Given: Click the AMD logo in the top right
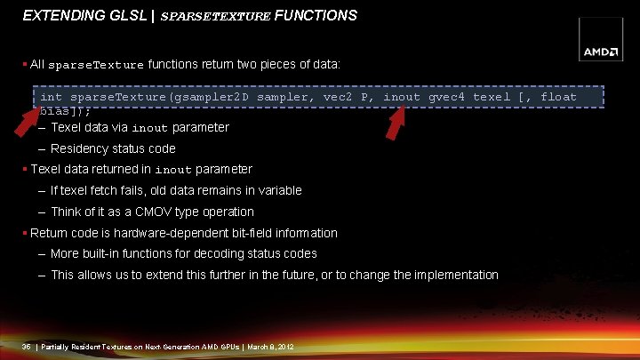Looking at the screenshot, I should pyautogui.click(x=601, y=52).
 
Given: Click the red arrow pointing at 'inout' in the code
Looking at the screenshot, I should pyautogui.click(x=395, y=123).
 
